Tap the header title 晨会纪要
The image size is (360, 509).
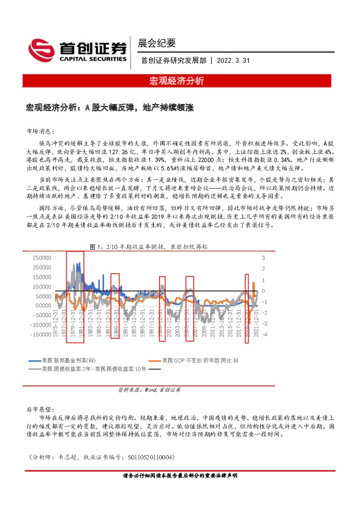tap(157, 43)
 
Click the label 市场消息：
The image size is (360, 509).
tap(41, 130)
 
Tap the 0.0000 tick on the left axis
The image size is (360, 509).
tap(44, 296)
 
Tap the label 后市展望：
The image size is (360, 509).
tap(41, 409)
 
